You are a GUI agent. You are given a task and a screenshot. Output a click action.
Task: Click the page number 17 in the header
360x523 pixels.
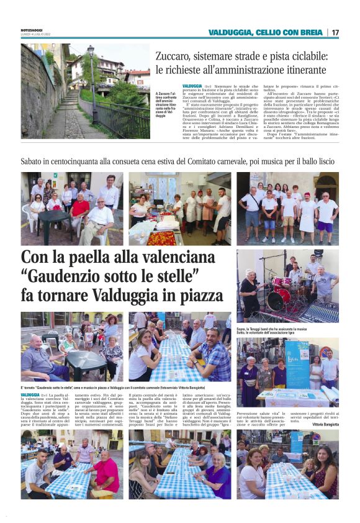coord(335,32)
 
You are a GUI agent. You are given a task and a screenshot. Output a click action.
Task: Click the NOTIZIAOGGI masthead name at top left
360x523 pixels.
coord(32,30)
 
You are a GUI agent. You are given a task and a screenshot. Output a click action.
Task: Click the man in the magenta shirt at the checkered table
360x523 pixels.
coord(106,472)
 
